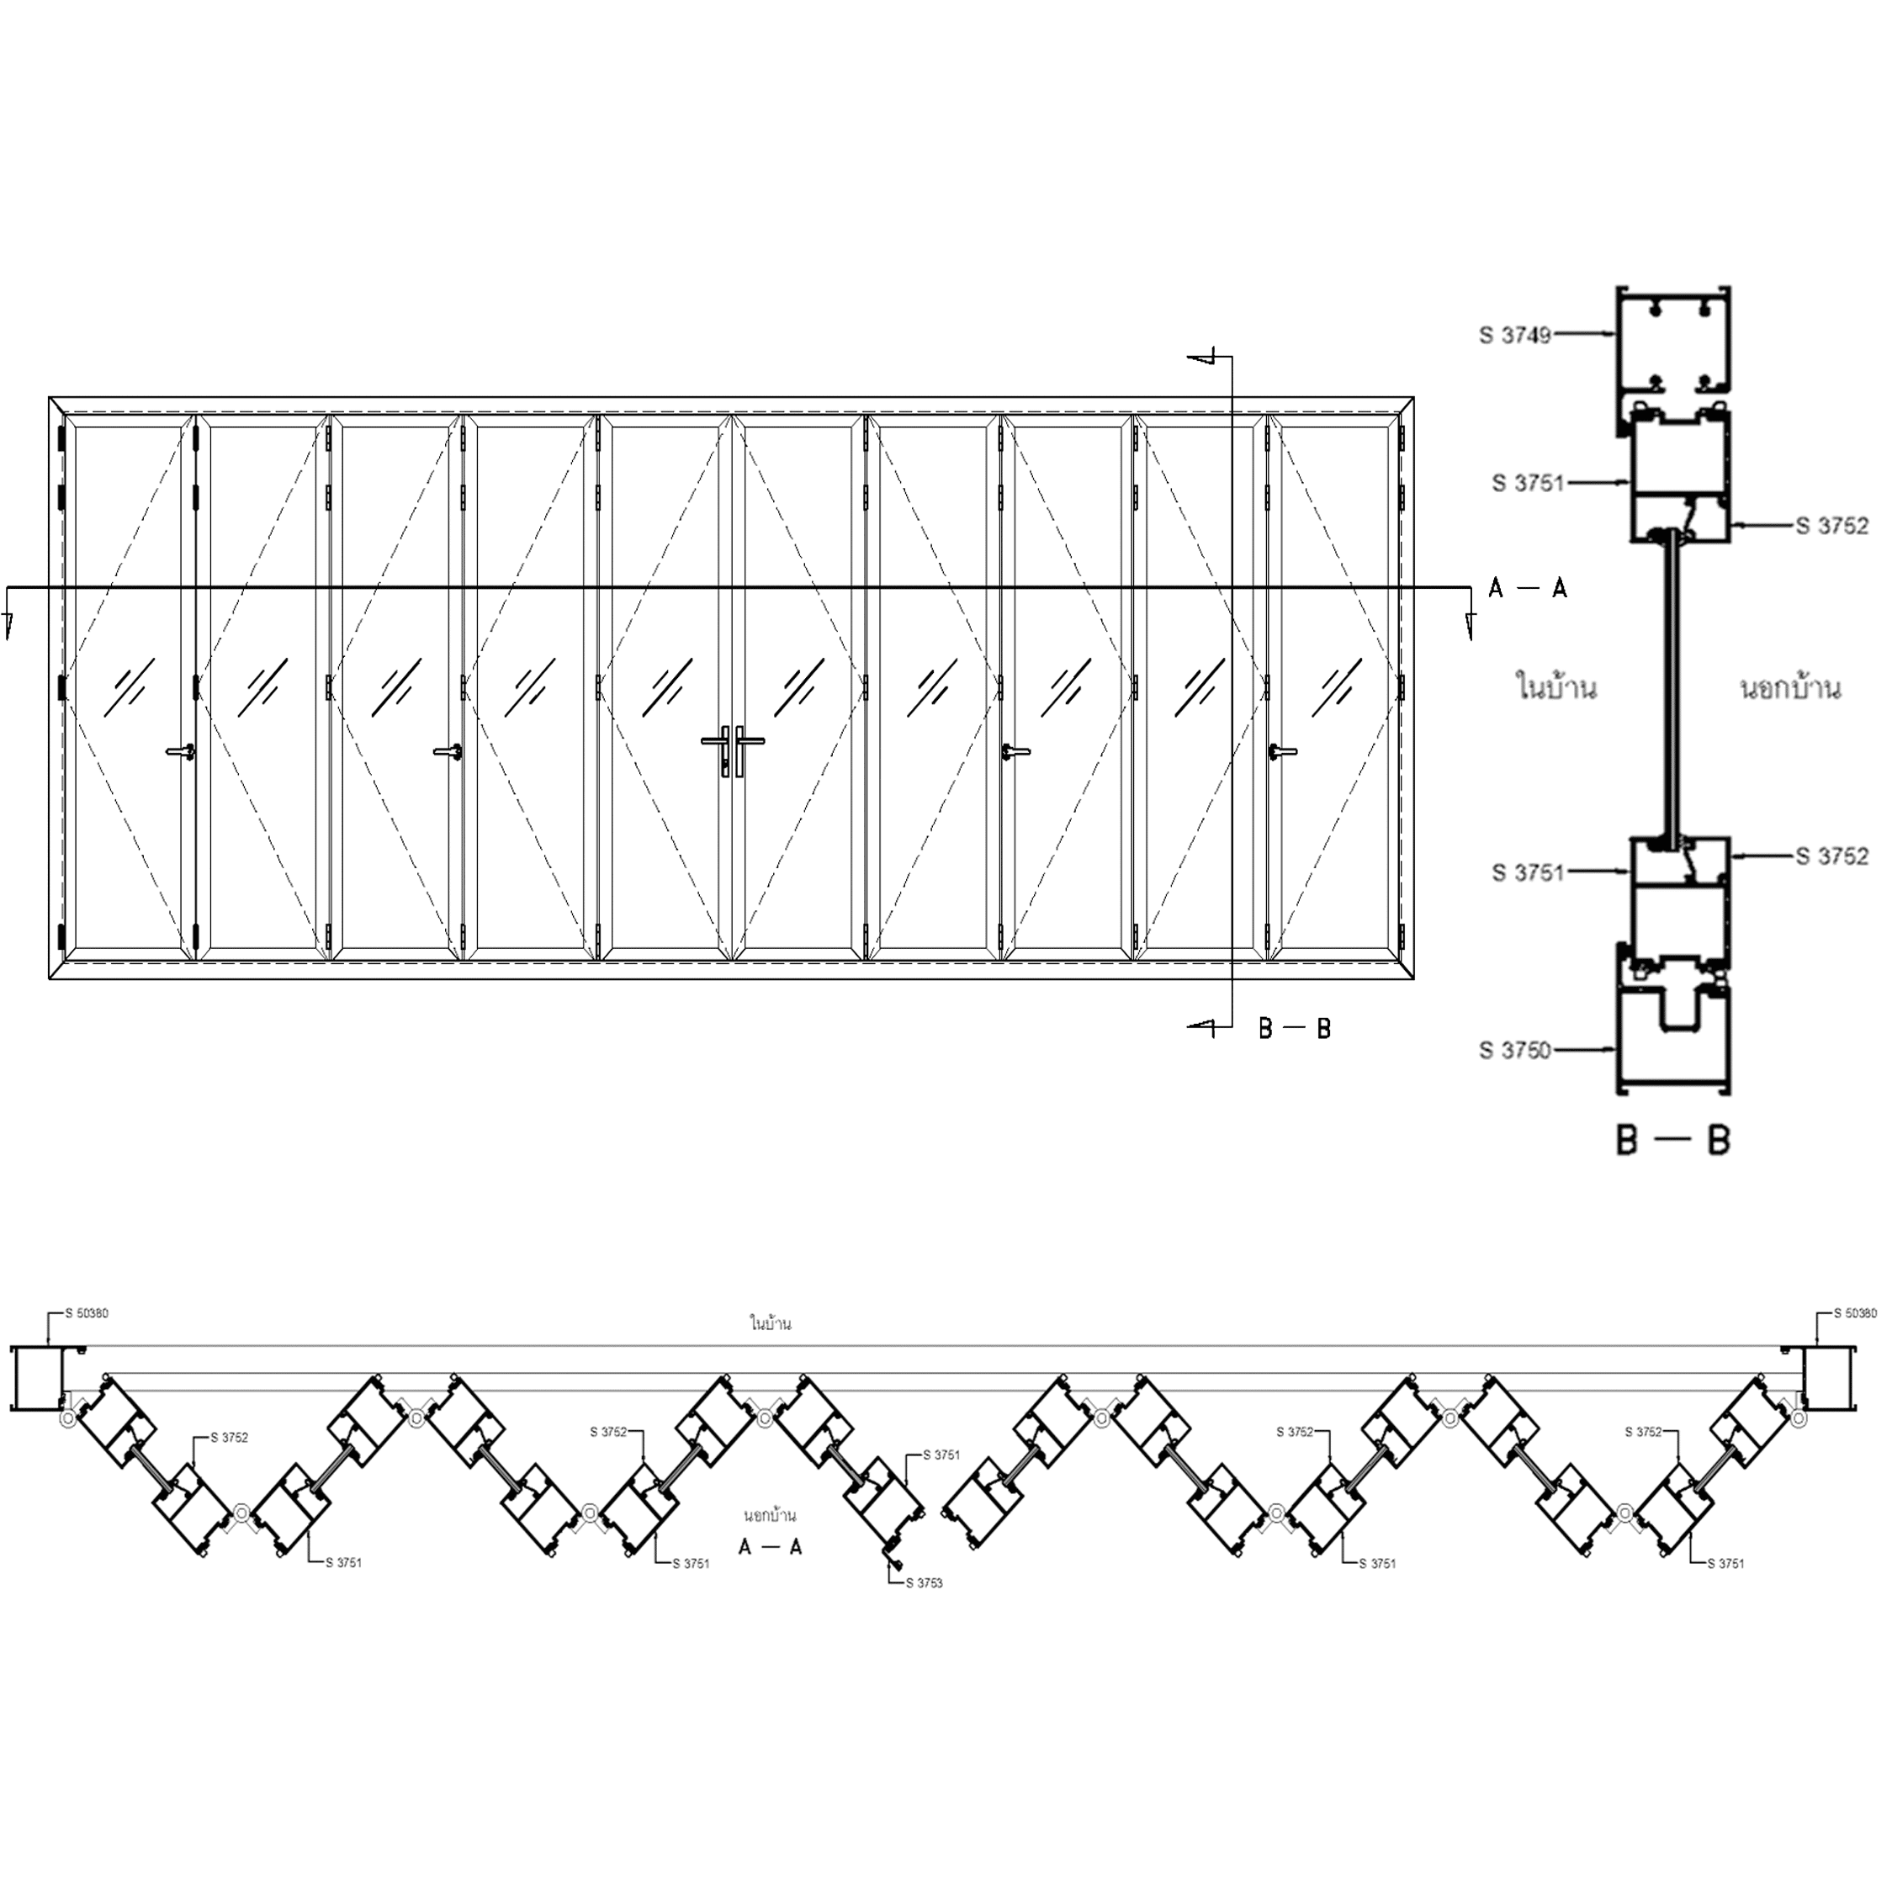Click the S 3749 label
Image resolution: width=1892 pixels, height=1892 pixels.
[1515, 336]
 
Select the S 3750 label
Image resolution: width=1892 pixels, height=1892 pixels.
[1515, 1051]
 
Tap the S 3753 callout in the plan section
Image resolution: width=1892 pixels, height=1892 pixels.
[925, 1582]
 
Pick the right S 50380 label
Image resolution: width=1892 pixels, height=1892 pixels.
[1855, 1313]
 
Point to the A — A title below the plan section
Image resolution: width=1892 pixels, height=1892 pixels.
[771, 1546]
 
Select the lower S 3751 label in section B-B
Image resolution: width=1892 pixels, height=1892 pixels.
[1529, 872]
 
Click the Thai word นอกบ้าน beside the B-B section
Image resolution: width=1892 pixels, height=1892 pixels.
[1790, 688]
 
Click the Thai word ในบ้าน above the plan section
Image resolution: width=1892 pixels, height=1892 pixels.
[771, 1324]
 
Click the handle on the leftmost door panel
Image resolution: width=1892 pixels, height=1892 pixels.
[181, 752]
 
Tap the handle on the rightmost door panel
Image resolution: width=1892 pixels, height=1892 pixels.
[1283, 752]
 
